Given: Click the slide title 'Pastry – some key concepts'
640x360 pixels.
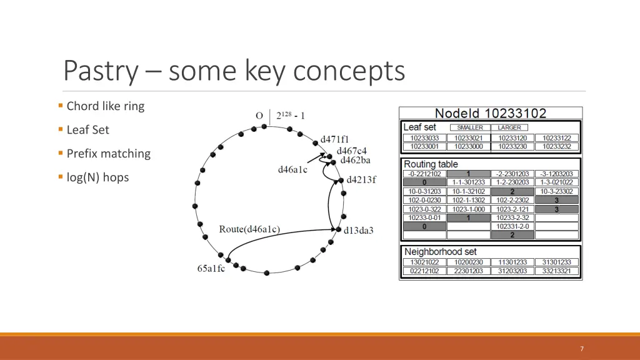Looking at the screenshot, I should pos(234,71).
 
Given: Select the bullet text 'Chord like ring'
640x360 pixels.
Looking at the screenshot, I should pos(105,106).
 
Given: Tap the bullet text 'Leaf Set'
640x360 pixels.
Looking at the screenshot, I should pos(87,130).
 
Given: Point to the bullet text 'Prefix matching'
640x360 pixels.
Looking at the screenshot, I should pos(108,154).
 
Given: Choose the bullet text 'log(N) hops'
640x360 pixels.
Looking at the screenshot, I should pos(97,177).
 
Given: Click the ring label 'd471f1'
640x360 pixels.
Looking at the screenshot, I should pos(335,139).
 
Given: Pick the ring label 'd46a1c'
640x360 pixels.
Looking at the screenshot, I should pos(292,169).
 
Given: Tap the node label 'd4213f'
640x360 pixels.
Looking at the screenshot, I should pos(362,180).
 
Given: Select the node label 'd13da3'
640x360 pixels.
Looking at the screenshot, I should pos(359,231).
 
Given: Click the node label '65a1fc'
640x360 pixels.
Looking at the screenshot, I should pos(211,269).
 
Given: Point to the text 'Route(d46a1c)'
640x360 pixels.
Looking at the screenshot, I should pos(249,229).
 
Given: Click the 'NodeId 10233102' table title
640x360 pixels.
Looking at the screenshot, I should pos(491,114).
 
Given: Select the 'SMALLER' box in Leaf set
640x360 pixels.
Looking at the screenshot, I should pos(469,127).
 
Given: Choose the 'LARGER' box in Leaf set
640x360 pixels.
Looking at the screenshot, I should pos(509,127).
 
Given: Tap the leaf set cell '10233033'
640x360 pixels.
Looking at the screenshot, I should pos(424,138).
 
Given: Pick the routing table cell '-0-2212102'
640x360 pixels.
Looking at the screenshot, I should pos(424,174).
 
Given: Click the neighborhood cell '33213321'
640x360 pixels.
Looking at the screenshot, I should pos(556,271).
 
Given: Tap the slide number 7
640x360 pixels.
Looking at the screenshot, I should pos(582,349).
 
